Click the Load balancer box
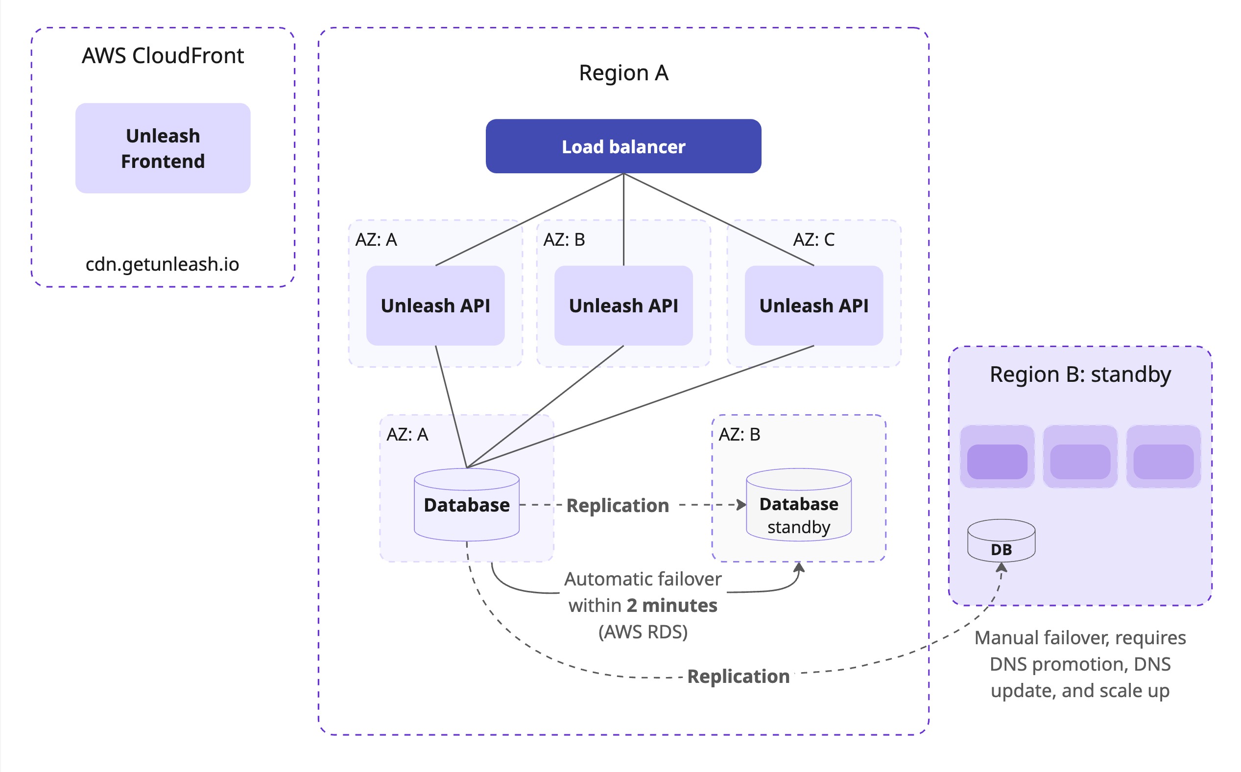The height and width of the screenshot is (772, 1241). click(x=623, y=146)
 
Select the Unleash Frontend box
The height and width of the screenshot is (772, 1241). click(x=163, y=148)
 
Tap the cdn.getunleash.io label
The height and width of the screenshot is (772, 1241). click(x=163, y=264)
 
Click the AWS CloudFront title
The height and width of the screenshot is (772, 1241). click(x=163, y=56)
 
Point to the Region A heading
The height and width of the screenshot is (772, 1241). click(x=623, y=73)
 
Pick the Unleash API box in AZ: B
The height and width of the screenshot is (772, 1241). click(x=623, y=305)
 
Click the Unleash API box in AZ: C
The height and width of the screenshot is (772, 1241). click(x=813, y=305)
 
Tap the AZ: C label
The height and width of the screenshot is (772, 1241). click(x=813, y=239)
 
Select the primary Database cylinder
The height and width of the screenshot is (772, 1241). click(x=466, y=506)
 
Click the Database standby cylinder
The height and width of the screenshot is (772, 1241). click(x=798, y=506)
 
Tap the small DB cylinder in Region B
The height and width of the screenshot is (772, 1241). click(x=1001, y=542)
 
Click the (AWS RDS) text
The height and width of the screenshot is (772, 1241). click(x=643, y=632)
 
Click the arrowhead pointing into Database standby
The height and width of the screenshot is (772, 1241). click(x=741, y=505)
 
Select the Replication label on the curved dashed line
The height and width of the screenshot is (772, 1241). click(x=738, y=676)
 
